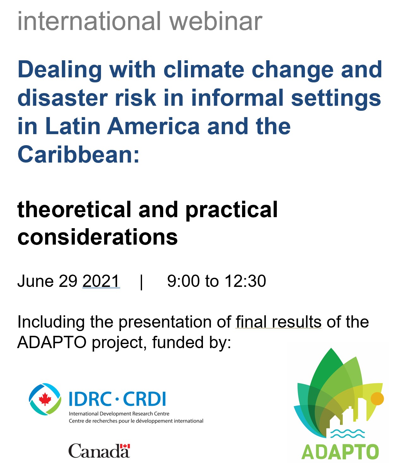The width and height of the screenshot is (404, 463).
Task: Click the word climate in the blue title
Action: click(x=204, y=69)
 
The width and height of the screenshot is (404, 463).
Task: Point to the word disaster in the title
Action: click(x=62, y=98)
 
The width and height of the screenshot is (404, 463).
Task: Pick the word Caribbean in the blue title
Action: click(x=78, y=154)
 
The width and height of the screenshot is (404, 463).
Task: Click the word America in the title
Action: click(x=153, y=126)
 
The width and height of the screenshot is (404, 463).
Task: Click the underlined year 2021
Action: click(x=101, y=281)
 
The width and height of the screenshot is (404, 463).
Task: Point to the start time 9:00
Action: click(x=184, y=281)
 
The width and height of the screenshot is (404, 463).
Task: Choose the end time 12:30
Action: click(x=245, y=281)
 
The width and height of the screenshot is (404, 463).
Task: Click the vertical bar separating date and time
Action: click(x=141, y=282)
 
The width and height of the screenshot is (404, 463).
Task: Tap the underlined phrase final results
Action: click(x=279, y=322)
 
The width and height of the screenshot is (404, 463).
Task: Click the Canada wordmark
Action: click(x=99, y=451)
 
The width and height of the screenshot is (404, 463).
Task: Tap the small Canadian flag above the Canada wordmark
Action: click(x=125, y=446)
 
